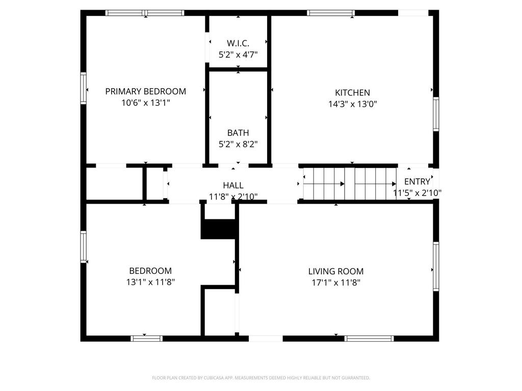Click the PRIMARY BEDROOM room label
click(145, 92)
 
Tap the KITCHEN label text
click(352, 93)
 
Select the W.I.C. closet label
click(238, 44)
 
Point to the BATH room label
click(238, 133)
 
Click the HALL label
click(233, 185)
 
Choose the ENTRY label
click(417, 182)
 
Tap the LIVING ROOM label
click(335, 271)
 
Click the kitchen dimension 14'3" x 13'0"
click(352, 104)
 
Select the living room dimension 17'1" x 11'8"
click(335, 283)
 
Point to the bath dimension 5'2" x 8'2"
click(238, 144)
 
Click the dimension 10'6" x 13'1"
click(145, 103)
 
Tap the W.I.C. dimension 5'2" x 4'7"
click(238, 55)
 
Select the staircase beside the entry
click(350, 184)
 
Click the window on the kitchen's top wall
click(331, 13)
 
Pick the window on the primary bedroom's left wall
click(83, 88)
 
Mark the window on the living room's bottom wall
click(369, 338)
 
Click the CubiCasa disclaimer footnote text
click(261, 378)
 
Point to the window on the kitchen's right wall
click(436, 114)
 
